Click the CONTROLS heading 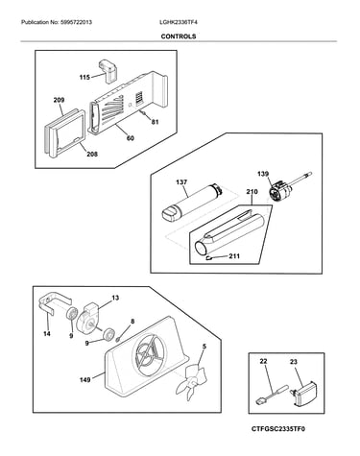pyautogui.click(x=179, y=36)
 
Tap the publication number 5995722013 pyautogui.click(x=76, y=22)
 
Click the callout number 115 pyautogui.click(x=84, y=77)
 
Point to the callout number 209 pyautogui.click(x=59, y=100)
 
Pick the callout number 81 pyautogui.click(x=155, y=122)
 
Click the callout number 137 pyautogui.click(x=181, y=182)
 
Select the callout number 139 pyautogui.click(x=263, y=174)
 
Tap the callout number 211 pyautogui.click(x=234, y=256)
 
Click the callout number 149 pyautogui.click(x=85, y=380)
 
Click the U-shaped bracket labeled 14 pyautogui.click(x=53, y=305)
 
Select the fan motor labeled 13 pyautogui.click(x=89, y=318)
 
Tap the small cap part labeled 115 pyautogui.click(x=108, y=70)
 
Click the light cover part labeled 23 pyautogui.click(x=304, y=394)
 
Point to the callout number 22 pyautogui.click(x=263, y=361)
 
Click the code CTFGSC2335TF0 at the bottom pyautogui.click(x=278, y=428)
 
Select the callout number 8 pyautogui.click(x=132, y=322)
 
